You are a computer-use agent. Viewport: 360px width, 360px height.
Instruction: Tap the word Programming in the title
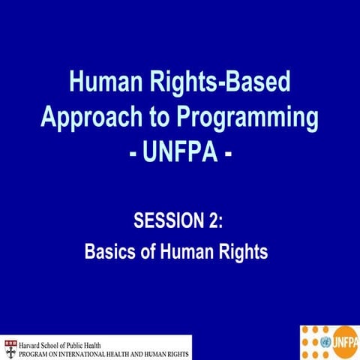[240, 118]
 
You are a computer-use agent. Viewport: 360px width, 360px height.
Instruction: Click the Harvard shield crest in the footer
[9, 346]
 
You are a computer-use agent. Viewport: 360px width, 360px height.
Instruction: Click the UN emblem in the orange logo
[325, 341]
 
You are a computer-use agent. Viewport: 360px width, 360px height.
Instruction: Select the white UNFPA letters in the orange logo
[344, 341]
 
